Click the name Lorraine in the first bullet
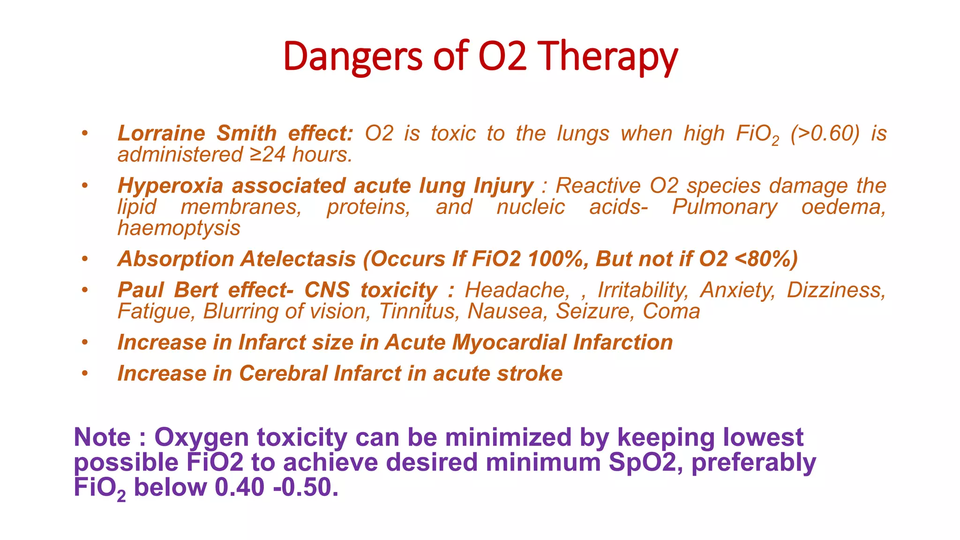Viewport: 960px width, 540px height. [161, 134]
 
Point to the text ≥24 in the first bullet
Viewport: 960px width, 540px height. [267, 155]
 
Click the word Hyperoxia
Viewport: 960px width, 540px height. [170, 186]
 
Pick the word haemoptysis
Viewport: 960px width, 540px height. [179, 228]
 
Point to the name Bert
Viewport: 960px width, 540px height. [196, 290]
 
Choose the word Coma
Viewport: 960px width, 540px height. [671, 312]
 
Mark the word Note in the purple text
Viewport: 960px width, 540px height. [102, 437]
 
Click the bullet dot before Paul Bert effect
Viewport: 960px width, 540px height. [84, 290]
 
